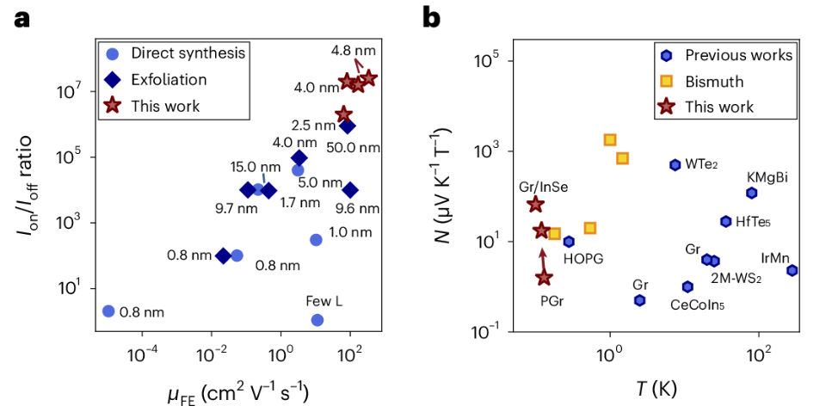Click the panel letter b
click(x=432, y=17)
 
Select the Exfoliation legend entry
click(x=169, y=80)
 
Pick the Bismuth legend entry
click(x=714, y=82)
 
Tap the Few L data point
click(x=317, y=320)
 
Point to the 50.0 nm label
click(x=354, y=147)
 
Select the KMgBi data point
click(x=751, y=194)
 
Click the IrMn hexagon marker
click(x=792, y=270)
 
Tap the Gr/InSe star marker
click(x=535, y=205)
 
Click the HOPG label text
click(x=583, y=259)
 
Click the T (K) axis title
click(x=653, y=390)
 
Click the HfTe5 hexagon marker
click(x=725, y=221)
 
